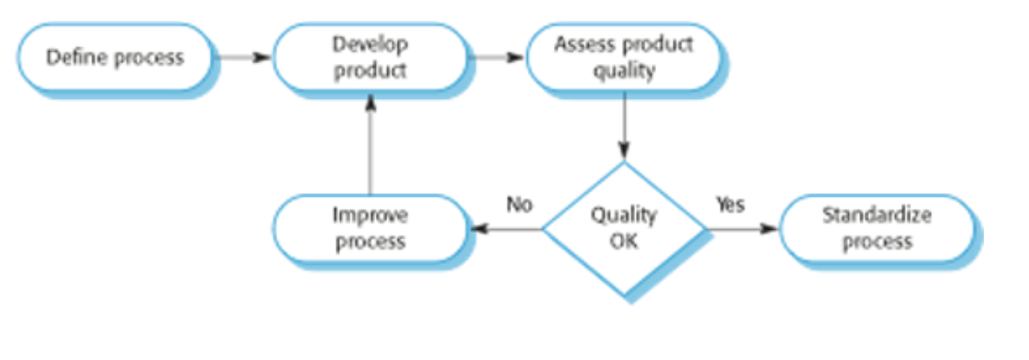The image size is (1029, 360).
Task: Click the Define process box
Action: pyautogui.click(x=116, y=57)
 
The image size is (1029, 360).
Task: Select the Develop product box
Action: pyautogui.click(x=370, y=57)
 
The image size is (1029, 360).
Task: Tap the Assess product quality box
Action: pyautogui.click(x=624, y=57)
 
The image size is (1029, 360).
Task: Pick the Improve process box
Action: pyautogui.click(x=370, y=229)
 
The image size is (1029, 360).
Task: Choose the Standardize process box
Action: pyautogui.click(x=876, y=229)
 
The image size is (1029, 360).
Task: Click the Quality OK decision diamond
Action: pyautogui.click(x=624, y=229)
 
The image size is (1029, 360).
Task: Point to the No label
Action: pyautogui.click(x=518, y=205)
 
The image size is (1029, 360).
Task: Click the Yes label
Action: pyautogui.click(x=730, y=205)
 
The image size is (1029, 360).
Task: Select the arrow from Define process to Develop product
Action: pyautogui.click(x=243, y=57)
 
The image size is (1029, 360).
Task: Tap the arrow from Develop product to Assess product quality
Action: pyautogui.click(x=497, y=57)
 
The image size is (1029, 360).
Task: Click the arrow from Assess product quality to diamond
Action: pyautogui.click(x=624, y=126)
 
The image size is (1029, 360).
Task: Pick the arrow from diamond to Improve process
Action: pyautogui.click(x=506, y=229)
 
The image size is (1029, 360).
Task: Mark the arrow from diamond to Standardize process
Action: pyautogui.click(x=743, y=229)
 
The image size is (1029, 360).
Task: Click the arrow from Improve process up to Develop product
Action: pyautogui.click(x=370, y=143)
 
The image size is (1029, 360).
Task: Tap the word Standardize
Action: pyautogui.click(x=876, y=216)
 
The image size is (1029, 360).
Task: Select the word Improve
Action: pyautogui.click(x=370, y=216)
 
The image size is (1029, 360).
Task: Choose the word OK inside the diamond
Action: pyautogui.click(x=624, y=242)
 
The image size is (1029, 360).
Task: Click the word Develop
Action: pyautogui.click(x=370, y=45)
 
